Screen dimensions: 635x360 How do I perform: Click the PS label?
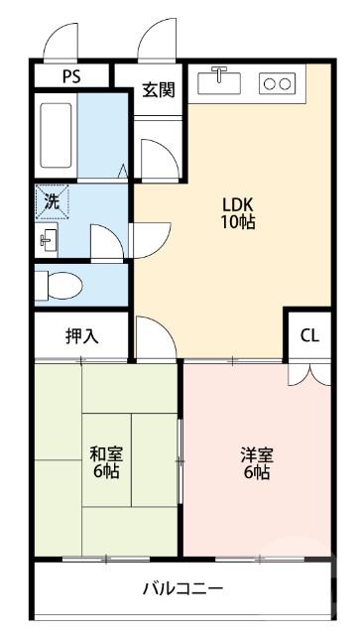pos(72,76)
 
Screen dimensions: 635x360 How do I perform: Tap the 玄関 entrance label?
pos(158,90)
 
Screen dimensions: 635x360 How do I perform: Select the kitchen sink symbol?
pos(219,82)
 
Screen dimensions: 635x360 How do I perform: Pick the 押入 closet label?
pos(81,335)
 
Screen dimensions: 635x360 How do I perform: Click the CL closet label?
pos(310,335)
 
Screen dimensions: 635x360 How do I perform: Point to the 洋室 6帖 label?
pos(257,462)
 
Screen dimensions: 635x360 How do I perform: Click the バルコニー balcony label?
pos(182,587)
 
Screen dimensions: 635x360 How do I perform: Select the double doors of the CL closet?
pos(309,373)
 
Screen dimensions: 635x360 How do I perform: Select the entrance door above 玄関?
pos(157,42)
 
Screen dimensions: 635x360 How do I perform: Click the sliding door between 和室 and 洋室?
pos(180,456)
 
